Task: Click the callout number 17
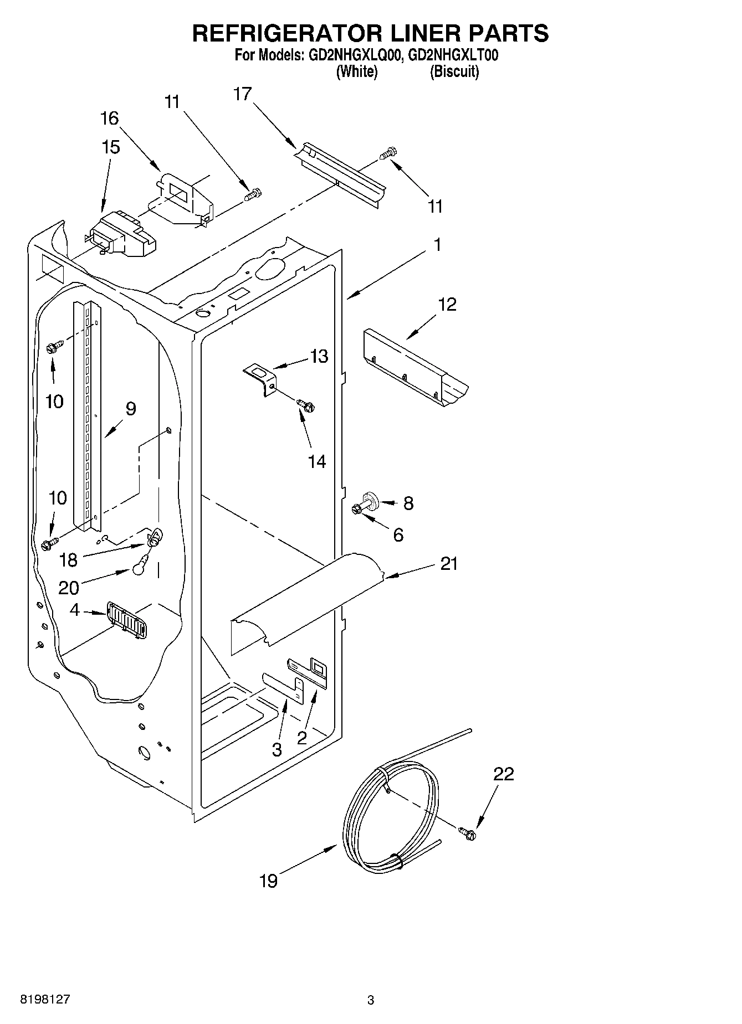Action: [x=242, y=94]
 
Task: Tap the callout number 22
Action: [x=504, y=774]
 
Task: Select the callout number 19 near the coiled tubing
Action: [x=268, y=881]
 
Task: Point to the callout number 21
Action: [x=449, y=563]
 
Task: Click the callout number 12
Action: [x=447, y=304]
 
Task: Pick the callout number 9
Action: [x=131, y=409]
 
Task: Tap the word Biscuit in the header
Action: [x=454, y=71]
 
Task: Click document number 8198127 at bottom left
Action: [x=45, y=999]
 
